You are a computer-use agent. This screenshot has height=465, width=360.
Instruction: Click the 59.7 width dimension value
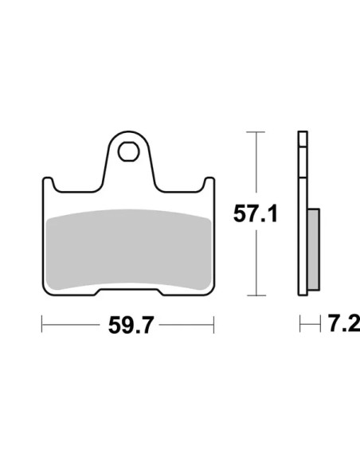pyautogui.click(x=131, y=325)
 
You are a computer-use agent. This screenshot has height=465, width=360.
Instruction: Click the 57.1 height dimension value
pyautogui.click(x=256, y=213)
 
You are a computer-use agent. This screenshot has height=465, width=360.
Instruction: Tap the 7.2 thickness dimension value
pyautogui.click(x=344, y=323)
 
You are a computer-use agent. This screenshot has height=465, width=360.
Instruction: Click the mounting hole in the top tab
pyautogui.click(x=128, y=151)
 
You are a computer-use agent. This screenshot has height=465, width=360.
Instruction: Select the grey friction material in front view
pyautogui.click(x=129, y=250)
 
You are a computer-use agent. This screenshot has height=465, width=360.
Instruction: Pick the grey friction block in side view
pyautogui.click(x=314, y=249)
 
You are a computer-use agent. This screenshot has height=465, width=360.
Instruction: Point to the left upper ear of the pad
pyautogui.click(x=49, y=183)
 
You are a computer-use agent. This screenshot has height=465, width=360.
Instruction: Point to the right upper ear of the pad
pyautogui.click(x=209, y=183)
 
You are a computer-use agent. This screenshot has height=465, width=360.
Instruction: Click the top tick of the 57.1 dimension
pyautogui.click(x=256, y=131)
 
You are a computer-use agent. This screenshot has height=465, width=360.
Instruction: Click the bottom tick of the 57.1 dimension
pyautogui.click(x=256, y=295)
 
